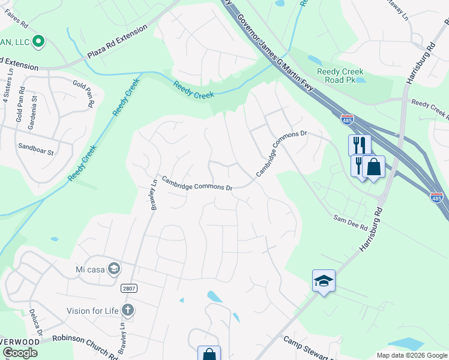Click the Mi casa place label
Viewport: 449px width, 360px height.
point(90,268)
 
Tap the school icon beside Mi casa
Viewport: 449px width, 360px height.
point(114,268)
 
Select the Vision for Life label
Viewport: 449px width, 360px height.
point(93,310)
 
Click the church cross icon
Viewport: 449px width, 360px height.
point(127,310)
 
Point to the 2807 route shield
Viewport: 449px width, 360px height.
point(128,289)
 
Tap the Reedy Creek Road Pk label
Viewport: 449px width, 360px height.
point(340,76)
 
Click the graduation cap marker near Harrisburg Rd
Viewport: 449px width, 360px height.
point(324,281)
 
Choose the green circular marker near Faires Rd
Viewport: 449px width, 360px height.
point(38,41)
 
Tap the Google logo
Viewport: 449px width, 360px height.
point(20,353)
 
